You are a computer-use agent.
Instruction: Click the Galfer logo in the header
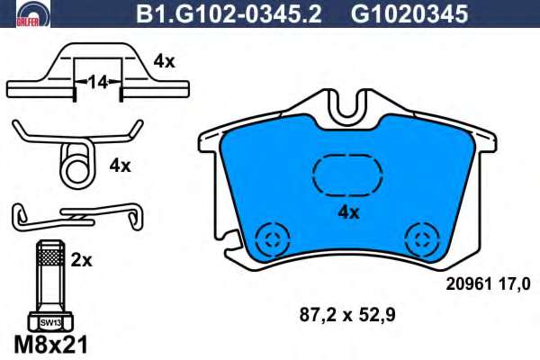[x=33, y=13]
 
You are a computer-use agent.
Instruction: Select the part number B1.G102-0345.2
[x=229, y=14]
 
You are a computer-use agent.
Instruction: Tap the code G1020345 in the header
[x=409, y=14]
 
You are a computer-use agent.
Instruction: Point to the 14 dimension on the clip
[x=98, y=83]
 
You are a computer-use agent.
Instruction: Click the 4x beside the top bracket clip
[x=164, y=62]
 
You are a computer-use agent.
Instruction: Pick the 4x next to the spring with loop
[x=121, y=166]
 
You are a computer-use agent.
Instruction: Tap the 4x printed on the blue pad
[x=348, y=213]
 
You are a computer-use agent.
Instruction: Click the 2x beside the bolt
[x=81, y=261]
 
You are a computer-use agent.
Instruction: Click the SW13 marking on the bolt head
[x=50, y=323]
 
